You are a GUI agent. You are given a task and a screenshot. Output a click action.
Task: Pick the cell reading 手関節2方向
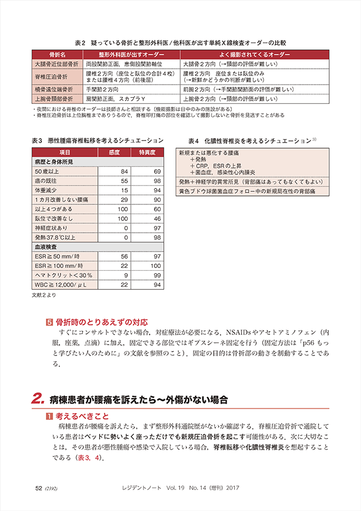pyautogui.click(x=102, y=90)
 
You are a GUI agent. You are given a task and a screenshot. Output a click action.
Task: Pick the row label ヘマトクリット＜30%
pyautogui.click(x=59, y=275)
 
